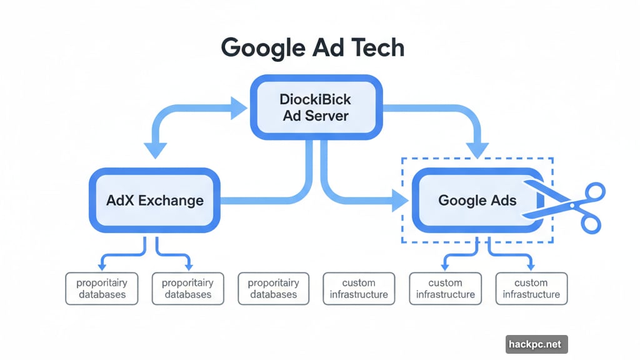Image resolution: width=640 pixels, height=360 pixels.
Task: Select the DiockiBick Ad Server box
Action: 316,107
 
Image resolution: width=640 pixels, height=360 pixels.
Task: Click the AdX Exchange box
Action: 155,201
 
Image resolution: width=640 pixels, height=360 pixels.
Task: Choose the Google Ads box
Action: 477,201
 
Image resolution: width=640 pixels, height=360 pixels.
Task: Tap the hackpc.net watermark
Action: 536,344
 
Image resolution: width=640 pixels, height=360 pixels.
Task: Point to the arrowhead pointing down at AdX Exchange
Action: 156,150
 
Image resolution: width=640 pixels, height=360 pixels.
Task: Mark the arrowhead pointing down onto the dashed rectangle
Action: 478,150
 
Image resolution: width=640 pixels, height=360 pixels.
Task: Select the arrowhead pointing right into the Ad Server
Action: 240,107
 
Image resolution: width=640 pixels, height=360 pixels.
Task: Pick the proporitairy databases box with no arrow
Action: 274,289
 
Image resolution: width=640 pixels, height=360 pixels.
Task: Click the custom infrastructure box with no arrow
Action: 359,289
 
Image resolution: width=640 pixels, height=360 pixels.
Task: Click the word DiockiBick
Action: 316,99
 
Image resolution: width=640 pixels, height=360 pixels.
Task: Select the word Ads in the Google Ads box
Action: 503,201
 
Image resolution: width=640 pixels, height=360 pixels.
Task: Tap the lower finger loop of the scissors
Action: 588,222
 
